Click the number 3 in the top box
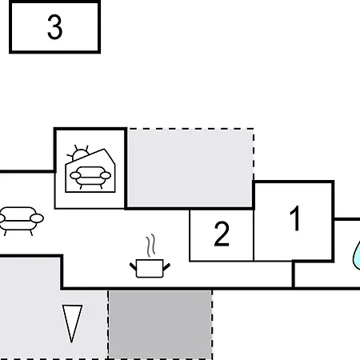(55, 26)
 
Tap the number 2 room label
(222, 234)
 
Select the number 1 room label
(295, 218)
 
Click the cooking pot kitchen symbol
(150, 269)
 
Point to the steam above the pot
(150, 246)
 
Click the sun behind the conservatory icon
(78, 154)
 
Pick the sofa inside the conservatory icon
(90, 177)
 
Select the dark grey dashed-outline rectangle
(160, 325)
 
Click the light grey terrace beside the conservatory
(190, 167)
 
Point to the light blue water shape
(357, 255)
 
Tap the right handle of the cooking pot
(166, 266)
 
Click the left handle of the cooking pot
(133, 266)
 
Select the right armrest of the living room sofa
(37, 218)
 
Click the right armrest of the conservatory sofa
(106, 175)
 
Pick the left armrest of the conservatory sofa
(75, 175)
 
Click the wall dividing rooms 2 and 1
(254, 235)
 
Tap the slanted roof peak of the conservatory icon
(104, 150)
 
